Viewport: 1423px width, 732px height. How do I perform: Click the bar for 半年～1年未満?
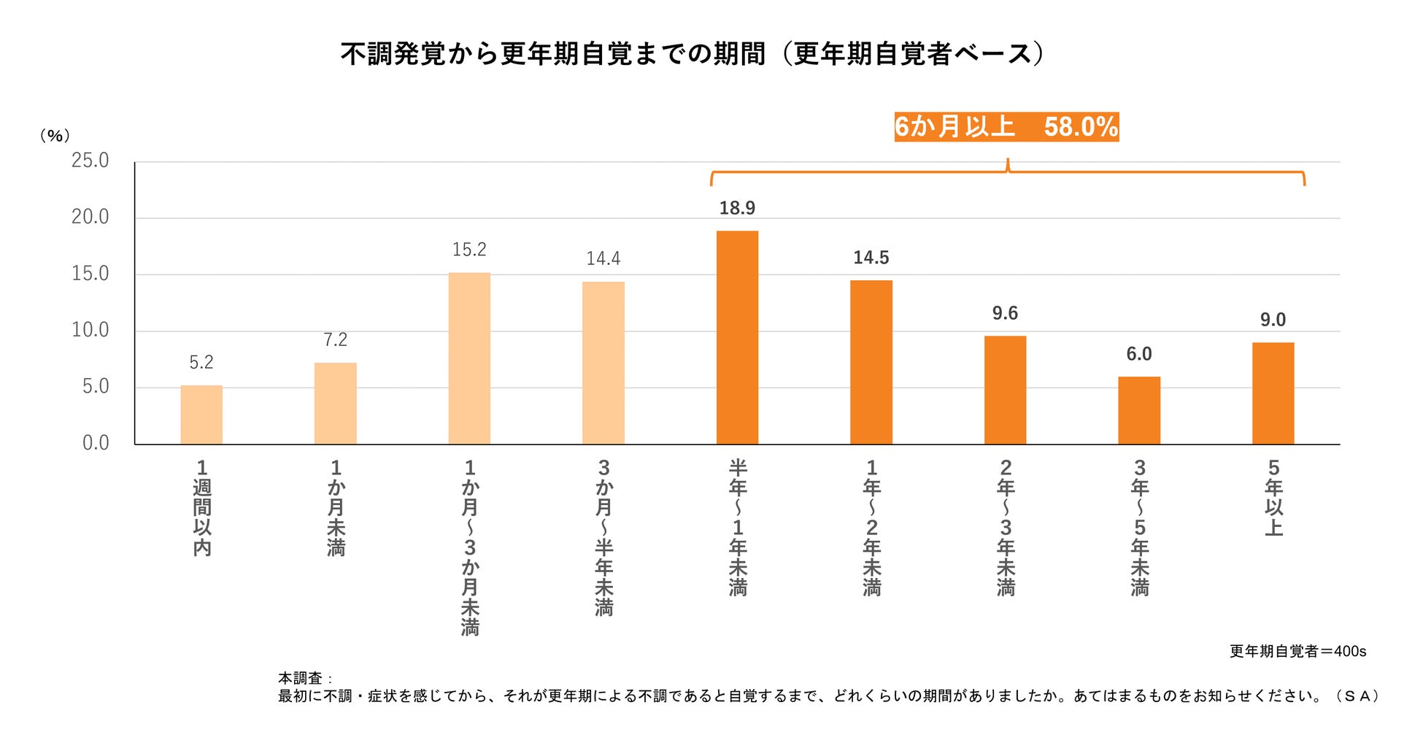(737, 337)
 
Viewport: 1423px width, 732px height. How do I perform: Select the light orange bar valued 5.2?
(201, 415)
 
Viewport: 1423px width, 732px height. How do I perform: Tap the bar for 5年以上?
(1273, 393)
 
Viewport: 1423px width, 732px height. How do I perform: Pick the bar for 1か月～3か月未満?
(469, 358)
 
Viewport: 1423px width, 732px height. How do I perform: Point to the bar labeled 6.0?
(1138, 410)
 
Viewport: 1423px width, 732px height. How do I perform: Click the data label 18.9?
(737, 209)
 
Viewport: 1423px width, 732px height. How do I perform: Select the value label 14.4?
(603, 258)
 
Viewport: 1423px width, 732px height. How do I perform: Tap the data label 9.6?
(1005, 314)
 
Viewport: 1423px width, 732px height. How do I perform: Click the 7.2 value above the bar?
(335, 340)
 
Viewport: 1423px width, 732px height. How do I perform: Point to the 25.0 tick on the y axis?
(90, 161)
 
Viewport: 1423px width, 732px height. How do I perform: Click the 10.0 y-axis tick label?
(90, 331)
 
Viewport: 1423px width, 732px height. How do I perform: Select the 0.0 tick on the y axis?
(96, 443)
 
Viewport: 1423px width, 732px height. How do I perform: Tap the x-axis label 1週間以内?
(202, 508)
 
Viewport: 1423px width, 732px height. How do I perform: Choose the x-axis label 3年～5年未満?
(1139, 528)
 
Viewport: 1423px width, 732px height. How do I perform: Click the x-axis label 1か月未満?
(336, 508)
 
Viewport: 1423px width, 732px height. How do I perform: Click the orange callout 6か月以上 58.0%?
(1006, 127)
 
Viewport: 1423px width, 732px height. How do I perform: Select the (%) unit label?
(55, 136)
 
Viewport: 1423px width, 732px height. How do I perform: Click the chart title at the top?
(693, 54)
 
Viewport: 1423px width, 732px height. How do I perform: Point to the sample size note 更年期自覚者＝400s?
(1297, 651)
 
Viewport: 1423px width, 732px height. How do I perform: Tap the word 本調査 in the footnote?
(300, 678)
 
